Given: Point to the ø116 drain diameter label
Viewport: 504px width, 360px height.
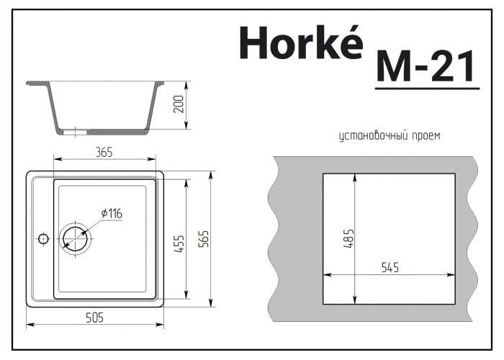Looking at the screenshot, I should pos(112,213).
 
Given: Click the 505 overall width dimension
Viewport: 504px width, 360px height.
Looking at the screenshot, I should pos(96,318).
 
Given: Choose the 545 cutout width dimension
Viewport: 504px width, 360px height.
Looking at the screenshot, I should pos(390,267).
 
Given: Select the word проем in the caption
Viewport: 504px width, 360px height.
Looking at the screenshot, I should pos(426,135).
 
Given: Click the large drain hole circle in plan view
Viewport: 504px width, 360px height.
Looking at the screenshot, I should pos(76,237).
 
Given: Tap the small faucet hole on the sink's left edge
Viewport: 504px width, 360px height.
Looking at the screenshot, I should pos(42,238).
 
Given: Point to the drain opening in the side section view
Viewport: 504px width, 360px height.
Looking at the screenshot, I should pos(75,132).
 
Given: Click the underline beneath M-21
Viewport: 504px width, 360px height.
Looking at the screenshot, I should pos(426,89).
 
